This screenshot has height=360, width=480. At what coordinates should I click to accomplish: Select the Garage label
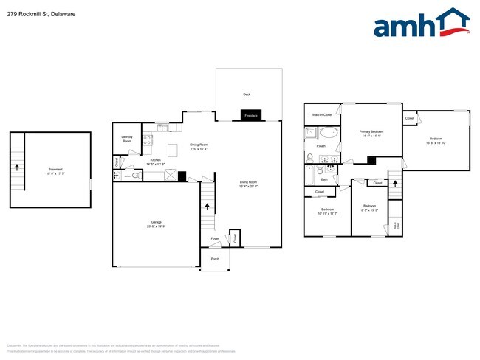tap(156, 222)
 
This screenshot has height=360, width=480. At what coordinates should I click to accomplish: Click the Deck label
tap(247, 94)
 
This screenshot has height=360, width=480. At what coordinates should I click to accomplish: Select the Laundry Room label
tap(127, 139)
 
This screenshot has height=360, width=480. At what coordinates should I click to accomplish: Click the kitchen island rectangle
tap(174, 150)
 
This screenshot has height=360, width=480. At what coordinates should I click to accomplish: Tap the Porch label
tap(215, 259)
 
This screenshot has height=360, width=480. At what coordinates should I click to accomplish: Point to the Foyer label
tap(215, 239)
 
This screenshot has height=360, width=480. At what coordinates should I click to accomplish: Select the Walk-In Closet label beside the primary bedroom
tap(322, 115)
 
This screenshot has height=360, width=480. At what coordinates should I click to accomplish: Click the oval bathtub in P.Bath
tap(329, 134)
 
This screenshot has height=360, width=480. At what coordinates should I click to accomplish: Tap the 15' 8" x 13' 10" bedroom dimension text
tap(436, 142)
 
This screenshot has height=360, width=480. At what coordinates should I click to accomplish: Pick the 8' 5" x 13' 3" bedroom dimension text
tap(369, 210)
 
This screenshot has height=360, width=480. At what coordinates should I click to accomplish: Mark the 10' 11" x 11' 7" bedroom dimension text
tap(327, 214)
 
